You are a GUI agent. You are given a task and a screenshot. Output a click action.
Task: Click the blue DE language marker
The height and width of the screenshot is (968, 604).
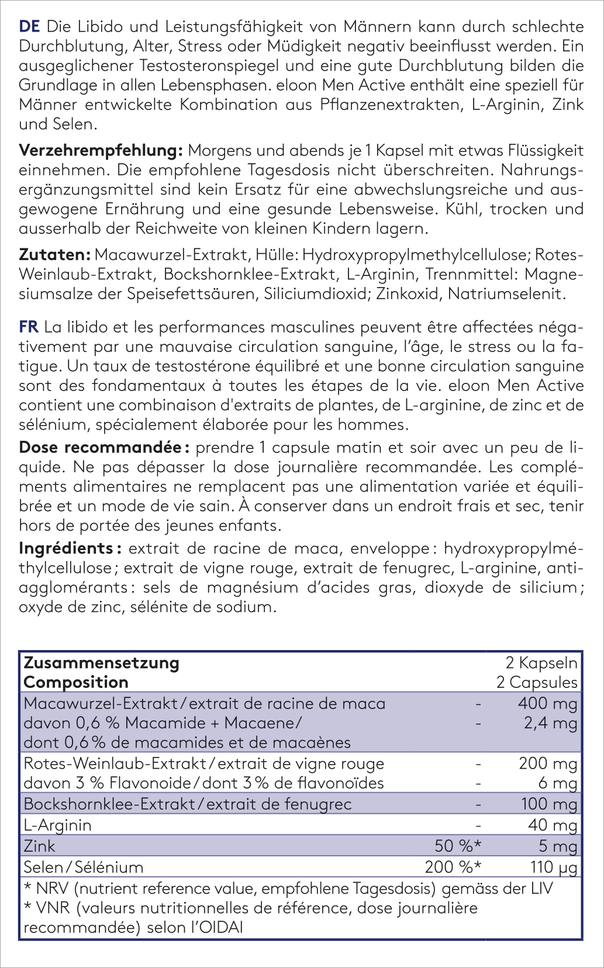pos(29,26)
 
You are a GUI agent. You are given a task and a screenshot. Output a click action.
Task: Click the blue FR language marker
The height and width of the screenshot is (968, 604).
pos(29,327)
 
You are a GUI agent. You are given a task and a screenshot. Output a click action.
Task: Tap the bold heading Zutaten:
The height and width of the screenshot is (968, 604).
pos(54,255)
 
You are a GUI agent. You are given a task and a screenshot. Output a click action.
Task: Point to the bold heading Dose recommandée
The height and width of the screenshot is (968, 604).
pos(100,448)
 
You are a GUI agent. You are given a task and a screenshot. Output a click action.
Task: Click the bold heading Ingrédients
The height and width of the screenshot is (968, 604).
pos(66,548)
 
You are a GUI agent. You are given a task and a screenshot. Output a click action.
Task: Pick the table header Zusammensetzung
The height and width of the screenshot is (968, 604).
pos(101,663)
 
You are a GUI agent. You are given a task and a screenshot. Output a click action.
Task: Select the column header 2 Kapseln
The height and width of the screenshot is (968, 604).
pos(541,663)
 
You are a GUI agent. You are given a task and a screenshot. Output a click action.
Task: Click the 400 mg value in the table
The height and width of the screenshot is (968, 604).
pos(547,703)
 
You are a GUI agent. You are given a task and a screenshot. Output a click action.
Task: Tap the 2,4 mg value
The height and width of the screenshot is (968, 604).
pos(550,723)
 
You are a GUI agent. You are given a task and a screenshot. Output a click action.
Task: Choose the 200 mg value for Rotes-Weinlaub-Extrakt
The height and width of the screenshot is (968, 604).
pos(548,763)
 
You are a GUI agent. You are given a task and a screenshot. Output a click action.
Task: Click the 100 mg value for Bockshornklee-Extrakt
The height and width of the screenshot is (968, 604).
pos(549,804)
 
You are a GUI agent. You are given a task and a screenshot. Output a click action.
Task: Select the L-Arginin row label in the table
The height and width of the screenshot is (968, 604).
pos(57,825)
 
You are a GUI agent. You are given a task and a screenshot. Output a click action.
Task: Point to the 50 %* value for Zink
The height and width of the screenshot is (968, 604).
pos(458,846)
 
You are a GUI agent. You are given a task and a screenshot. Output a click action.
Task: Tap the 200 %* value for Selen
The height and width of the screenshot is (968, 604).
pos(453,867)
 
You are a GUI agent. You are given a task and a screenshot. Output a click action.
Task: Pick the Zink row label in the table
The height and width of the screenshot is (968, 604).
pos(39,846)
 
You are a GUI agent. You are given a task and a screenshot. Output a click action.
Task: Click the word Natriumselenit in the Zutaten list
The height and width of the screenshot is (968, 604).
pos(506,293)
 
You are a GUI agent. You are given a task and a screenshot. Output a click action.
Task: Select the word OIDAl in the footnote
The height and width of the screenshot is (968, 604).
pos(215,928)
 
